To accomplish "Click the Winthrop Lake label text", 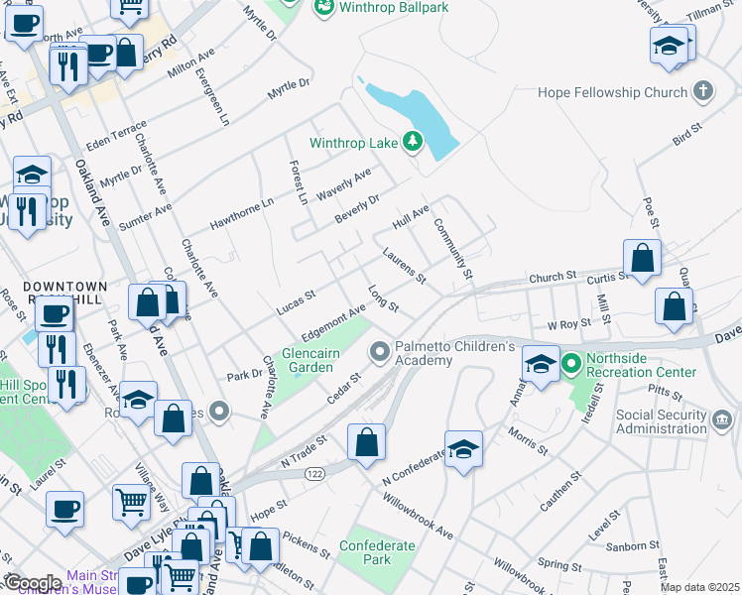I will pos(353,143).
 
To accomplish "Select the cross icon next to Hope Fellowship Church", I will pos(703,92).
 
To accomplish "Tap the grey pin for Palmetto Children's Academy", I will pos(379,352).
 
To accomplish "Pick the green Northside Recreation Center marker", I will pos(570,364).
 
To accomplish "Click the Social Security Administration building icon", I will pos(724,420).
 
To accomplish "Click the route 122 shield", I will pos(314,475).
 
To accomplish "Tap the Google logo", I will pos(32,583).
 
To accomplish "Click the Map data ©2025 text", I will pos(699,587).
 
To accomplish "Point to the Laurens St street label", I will pos(404,264).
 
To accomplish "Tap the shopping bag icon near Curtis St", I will pos(644,257).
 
